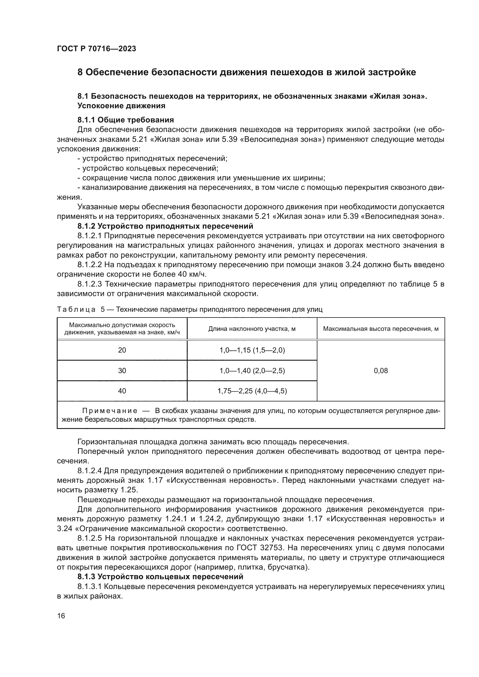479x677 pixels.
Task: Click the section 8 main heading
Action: tap(246, 72)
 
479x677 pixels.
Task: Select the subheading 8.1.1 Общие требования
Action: tap(125, 120)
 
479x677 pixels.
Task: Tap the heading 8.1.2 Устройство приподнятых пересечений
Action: tap(165, 226)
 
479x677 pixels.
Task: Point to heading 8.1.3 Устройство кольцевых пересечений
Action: tap(160, 577)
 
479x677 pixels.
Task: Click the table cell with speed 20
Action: tap(122, 350)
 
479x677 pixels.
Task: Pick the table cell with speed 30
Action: tap(122, 371)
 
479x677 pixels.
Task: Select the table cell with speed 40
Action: tap(122, 391)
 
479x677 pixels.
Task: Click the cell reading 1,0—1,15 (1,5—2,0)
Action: tap(252, 350)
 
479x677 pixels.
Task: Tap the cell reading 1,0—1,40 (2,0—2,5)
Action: tap(252, 371)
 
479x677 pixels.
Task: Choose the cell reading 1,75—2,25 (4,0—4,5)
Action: tap(252, 391)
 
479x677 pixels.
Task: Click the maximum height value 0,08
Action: tap(381, 371)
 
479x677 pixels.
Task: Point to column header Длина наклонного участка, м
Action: tap(252, 329)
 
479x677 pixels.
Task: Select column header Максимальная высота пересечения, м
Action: tap(381, 329)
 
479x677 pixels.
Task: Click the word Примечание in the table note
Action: tap(110, 411)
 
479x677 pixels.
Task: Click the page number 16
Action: tap(61, 616)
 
